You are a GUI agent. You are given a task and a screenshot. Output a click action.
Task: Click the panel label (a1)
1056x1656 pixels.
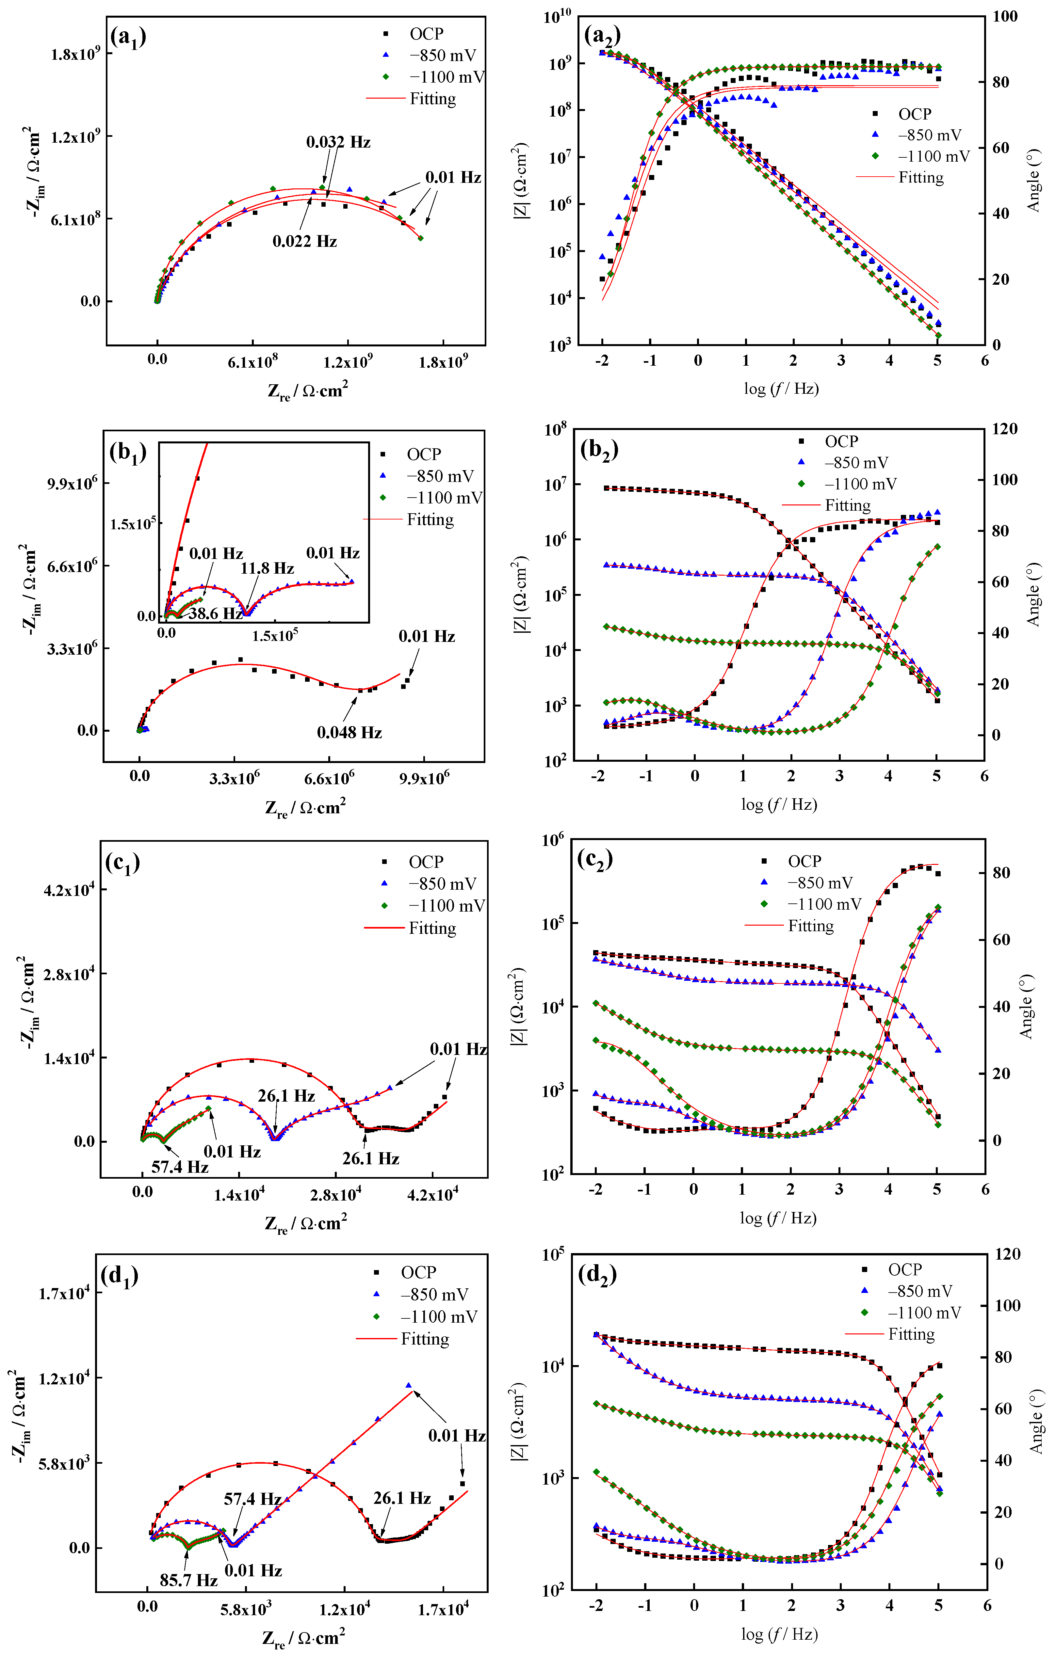[x=128, y=38]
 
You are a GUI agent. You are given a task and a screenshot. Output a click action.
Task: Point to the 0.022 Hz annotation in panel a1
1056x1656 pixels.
[x=305, y=241]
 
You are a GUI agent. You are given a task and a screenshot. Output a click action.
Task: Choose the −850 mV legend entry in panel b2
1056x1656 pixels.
[x=856, y=463]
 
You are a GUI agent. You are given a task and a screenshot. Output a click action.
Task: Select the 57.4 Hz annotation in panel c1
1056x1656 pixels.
[x=180, y=1167]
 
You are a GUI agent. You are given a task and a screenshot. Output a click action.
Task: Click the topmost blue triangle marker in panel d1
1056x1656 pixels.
[x=409, y=1386]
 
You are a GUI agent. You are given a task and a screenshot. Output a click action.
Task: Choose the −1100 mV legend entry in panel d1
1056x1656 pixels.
[x=438, y=1317]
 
